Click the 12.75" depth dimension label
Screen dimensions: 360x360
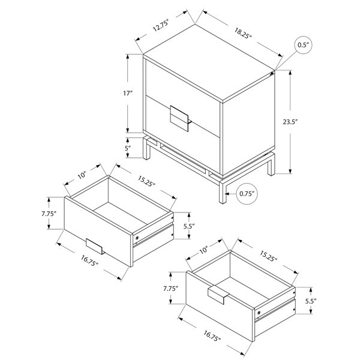pyautogui.click(x=161, y=25)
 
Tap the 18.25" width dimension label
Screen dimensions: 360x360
pyautogui.click(x=243, y=33)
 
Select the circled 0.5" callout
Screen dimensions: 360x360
pyautogui.click(x=303, y=45)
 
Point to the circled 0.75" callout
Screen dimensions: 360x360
pyautogui.click(x=247, y=194)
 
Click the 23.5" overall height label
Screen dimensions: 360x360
pyautogui.click(x=290, y=122)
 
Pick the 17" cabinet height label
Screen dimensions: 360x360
pyautogui.click(x=128, y=93)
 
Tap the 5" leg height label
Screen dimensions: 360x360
pyautogui.click(x=128, y=148)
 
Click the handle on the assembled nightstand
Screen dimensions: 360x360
pyautogui.click(x=180, y=119)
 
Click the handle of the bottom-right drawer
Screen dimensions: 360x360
pyautogui.click(x=218, y=295)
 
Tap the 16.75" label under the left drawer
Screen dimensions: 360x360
pyautogui.click(x=89, y=261)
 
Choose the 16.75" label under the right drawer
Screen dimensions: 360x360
pyautogui.click(x=212, y=335)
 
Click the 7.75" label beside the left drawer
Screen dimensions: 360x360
pyautogui.click(x=49, y=214)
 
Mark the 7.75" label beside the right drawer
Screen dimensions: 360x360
pyautogui.click(x=171, y=289)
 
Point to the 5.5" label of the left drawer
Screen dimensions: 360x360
pyautogui.click(x=189, y=226)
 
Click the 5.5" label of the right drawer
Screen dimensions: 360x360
pyautogui.click(x=311, y=301)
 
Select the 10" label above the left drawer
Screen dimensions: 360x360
pyautogui.click(x=82, y=175)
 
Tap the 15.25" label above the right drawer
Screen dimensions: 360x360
pyautogui.click(x=268, y=256)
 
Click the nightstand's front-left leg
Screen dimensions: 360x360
pyautogui.click(x=223, y=192)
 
